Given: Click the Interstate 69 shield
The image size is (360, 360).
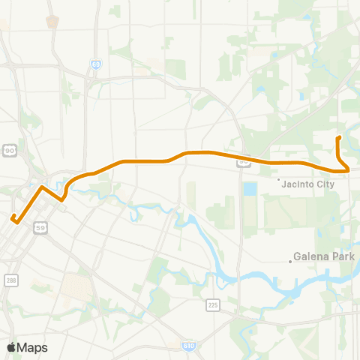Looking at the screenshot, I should [x=96, y=65].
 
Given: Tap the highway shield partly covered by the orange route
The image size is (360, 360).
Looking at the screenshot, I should [x=244, y=161].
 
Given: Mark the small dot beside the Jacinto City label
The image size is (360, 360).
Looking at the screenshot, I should [x=279, y=181].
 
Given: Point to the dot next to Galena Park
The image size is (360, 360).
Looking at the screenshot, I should [x=291, y=262].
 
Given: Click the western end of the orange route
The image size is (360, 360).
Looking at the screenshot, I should [x=13, y=218].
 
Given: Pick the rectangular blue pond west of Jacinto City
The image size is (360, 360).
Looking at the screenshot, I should [x=250, y=188].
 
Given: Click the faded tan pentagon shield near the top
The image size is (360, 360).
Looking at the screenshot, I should [x=51, y=21].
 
